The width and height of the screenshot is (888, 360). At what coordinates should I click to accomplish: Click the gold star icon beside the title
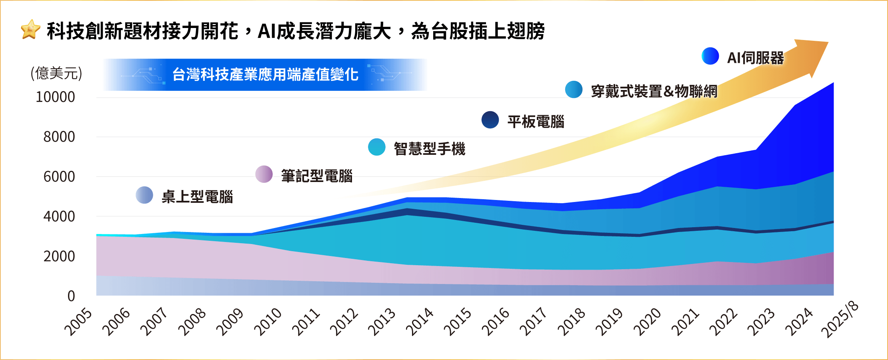[30, 30]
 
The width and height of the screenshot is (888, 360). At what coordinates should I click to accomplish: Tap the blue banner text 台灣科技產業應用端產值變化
[265, 74]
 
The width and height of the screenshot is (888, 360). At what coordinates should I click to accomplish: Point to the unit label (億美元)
[56, 73]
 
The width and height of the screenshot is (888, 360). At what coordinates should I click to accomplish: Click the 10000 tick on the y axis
[55, 97]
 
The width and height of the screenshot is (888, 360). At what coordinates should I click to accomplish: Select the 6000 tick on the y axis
[59, 176]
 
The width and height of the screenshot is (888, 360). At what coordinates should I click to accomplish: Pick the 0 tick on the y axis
[71, 296]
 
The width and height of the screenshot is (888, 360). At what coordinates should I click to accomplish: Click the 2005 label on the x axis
[78, 322]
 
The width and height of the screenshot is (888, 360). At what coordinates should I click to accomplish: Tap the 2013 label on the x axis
[382, 322]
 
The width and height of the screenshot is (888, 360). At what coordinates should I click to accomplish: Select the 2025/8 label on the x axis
[839, 320]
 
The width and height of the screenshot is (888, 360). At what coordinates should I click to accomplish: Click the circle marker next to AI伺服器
[710, 56]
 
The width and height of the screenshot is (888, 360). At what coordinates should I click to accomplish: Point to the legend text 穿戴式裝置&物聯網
[654, 91]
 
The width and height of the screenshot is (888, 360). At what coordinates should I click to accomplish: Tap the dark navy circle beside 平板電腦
[490, 120]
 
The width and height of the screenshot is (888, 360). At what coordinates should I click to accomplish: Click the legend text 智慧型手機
[430, 149]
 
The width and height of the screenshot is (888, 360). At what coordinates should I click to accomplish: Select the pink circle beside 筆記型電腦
[264, 174]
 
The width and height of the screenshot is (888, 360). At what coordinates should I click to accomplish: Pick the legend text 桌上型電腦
[197, 197]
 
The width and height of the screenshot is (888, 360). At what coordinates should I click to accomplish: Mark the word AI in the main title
[267, 31]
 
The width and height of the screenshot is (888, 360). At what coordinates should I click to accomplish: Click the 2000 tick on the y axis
[59, 256]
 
